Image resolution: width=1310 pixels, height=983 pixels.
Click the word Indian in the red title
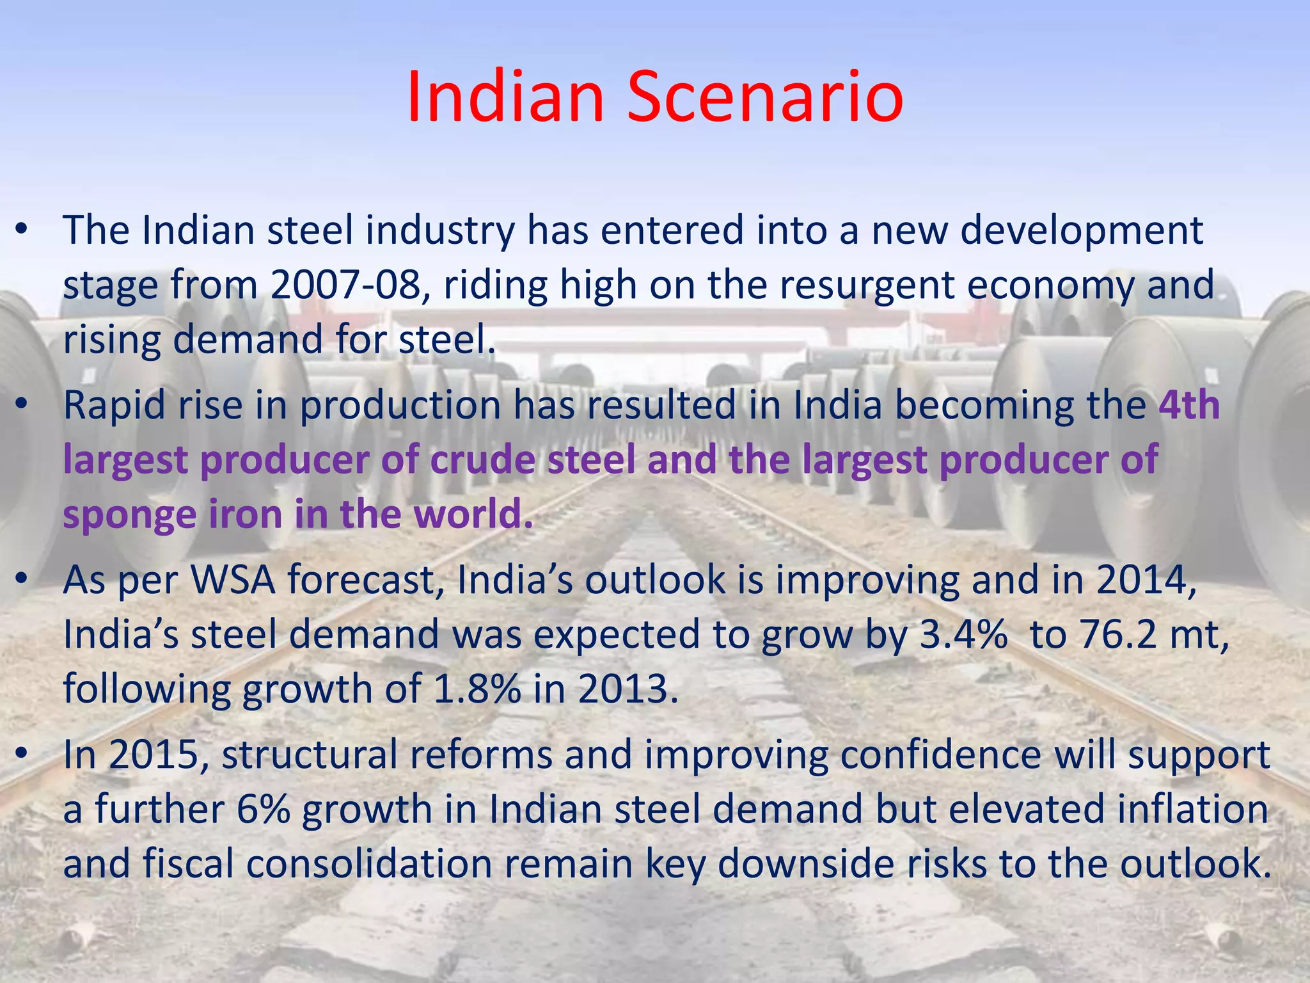click(505, 97)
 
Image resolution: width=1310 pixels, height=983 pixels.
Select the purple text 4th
click(1189, 405)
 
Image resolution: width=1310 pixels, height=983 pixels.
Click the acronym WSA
click(233, 580)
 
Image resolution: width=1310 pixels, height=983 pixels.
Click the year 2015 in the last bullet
click(158, 755)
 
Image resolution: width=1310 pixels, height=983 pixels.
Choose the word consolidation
click(369, 864)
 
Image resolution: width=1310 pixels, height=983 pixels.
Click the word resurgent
click(866, 285)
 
